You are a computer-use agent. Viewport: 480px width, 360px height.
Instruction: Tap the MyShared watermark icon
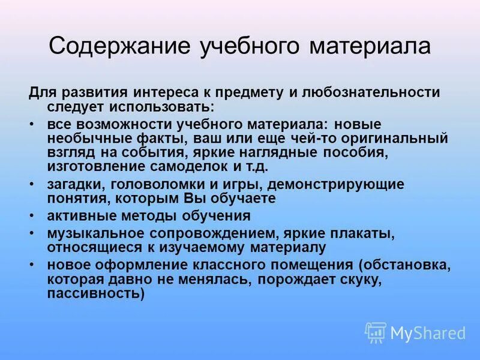(376, 332)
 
